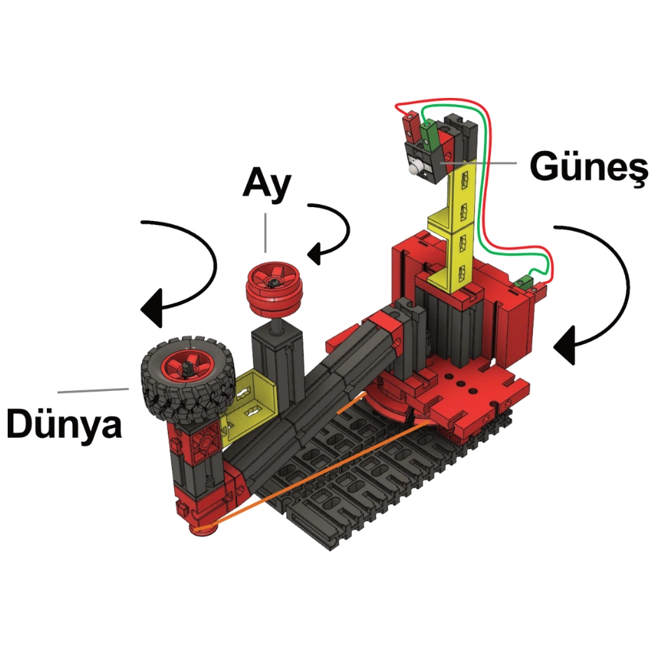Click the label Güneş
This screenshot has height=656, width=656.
[588, 168]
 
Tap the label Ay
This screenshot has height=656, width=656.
[267, 185]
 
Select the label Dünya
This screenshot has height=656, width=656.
[64, 423]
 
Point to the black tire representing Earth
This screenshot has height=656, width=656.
[188, 378]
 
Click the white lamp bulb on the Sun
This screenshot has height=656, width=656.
[414, 169]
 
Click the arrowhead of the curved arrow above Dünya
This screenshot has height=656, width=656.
[152, 308]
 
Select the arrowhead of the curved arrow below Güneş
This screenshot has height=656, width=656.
[564, 346]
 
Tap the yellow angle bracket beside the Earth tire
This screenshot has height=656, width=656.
[251, 401]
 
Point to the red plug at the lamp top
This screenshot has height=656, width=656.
[409, 125]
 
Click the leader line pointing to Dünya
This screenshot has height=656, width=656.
[93, 390]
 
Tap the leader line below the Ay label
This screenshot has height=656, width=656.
[265, 233]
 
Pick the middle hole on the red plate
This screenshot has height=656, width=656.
[461, 384]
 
